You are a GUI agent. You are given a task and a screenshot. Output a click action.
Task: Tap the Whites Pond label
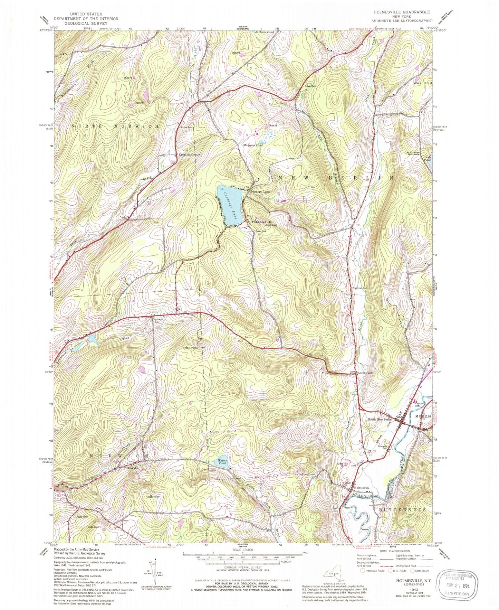(x=221, y=462)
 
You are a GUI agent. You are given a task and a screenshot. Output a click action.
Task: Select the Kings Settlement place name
(x=190, y=155)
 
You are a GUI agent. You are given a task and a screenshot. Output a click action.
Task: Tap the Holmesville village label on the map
(x=362, y=488)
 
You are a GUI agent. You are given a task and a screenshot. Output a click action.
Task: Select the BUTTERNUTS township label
(x=403, y=510)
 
